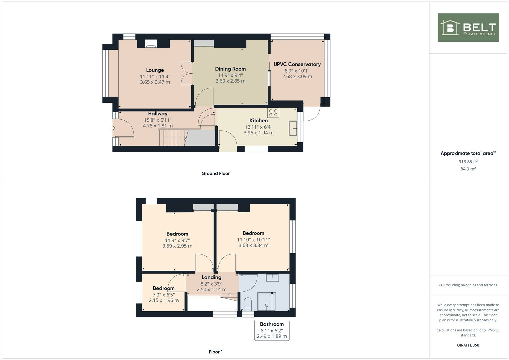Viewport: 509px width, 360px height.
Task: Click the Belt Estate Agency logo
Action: tap(468, 28)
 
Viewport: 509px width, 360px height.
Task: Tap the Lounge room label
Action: tap(155, 70)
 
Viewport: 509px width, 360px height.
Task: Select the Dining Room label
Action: tap(230, 69)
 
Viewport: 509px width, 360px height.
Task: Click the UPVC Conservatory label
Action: tap(297, 64)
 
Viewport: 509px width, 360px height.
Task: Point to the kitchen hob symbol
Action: tap(273, 113)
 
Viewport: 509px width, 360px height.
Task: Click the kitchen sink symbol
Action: tap(293, 129)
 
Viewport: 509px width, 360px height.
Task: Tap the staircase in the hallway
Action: tap(172, 138)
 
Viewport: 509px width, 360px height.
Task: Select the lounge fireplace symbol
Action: tap(151, 44)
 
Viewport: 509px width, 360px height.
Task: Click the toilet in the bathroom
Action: tap(248, 304)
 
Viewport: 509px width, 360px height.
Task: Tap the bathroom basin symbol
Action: tap(272, 278)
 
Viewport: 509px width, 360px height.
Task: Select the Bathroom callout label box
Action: tap(272, 330)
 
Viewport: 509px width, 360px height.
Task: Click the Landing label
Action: tap(211, 277)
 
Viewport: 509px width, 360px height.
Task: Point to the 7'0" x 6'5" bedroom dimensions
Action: tap(164, 295)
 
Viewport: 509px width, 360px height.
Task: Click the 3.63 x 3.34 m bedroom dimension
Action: tap(253, 245)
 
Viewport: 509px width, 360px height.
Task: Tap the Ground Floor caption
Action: tap(215, 173)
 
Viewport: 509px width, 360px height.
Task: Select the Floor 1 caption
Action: tap(216, 352)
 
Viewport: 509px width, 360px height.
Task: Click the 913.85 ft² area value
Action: tap(468, 162)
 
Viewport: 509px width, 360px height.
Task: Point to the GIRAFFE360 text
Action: tap(468, 345)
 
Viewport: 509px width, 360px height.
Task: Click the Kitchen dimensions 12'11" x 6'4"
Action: tap(258, 127)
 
